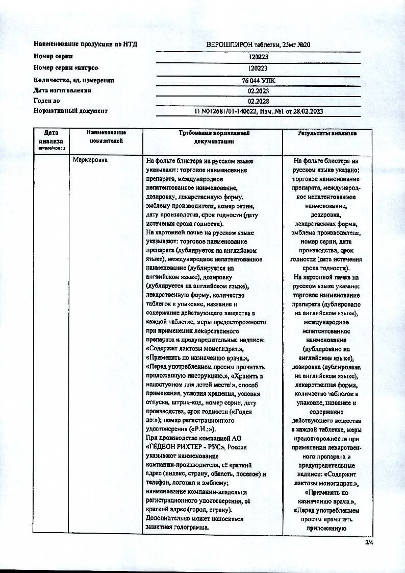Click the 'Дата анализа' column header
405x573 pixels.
[50, 138]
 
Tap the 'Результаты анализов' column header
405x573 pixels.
[327, 133]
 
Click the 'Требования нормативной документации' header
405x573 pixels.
[213, 136]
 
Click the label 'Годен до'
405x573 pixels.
[46, 101]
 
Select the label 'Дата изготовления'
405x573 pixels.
[62, 90]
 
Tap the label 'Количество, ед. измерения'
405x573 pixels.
[74, 80]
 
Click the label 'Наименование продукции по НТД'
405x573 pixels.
[85, 45]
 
